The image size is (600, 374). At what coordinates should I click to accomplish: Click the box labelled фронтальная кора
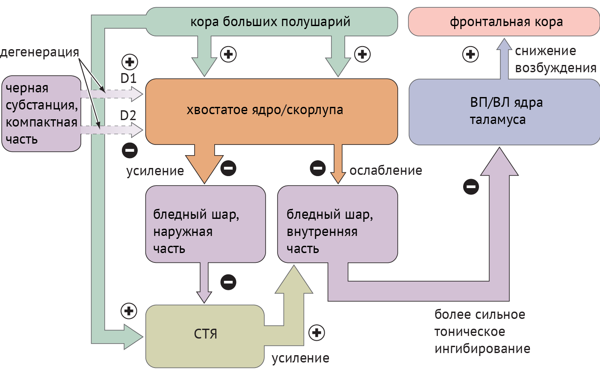tap(505, 21)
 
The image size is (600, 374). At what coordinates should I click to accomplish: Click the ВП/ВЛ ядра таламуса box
tap(505, 112)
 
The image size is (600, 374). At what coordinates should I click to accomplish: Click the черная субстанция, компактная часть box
tap(41, 114)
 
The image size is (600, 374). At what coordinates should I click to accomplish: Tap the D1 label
tap(128, 79)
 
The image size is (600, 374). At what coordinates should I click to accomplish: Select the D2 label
tap(128, 115)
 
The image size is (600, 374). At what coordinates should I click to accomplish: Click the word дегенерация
tap(39, 52)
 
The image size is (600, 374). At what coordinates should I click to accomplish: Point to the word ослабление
tap(386, 171)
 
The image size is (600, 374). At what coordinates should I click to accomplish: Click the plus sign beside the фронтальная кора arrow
tap(470, 54)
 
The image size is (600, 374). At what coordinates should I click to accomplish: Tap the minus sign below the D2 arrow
tap(130, 150)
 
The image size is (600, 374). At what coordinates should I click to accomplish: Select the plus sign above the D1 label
tap(130, 62)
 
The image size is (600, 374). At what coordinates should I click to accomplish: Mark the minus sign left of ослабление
tap(318, 168)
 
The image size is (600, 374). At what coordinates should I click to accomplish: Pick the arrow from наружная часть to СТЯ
tap(204, 282)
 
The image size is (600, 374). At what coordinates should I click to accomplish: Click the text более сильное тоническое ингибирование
tap(482, 332)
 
